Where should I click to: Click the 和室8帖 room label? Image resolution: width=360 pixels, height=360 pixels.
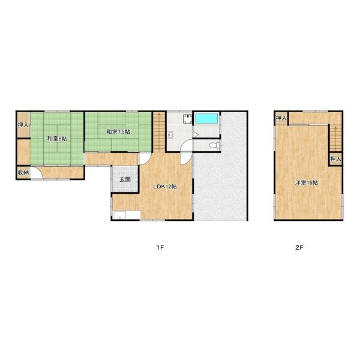(x=57, y=139)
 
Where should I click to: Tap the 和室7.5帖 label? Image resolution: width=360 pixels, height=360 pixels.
(x=118, y=132)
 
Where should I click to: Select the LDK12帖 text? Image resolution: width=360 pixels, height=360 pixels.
(x=165, y=187)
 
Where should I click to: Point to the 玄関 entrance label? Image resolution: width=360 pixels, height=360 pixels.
(x=125, y=179)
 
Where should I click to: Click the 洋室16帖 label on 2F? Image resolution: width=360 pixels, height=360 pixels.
(x=307, y=183)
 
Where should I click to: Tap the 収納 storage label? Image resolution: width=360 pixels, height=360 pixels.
(x=23, y=173)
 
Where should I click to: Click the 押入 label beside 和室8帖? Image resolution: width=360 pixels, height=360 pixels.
(x=23, y=125)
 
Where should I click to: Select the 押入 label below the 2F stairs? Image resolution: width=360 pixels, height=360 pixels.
(x=335, y=159)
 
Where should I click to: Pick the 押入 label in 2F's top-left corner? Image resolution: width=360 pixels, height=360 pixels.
(x=281, y=118)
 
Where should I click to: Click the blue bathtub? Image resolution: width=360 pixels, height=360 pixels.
(x=206, y=118)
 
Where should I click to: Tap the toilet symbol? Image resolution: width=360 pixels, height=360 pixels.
(x=214, y=145)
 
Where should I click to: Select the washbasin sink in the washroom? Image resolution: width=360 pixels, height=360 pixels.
(x=170, y=135)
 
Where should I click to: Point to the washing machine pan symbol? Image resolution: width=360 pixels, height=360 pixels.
(x=188, y=119)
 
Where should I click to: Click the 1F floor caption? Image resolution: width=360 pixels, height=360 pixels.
(x=160, y=247)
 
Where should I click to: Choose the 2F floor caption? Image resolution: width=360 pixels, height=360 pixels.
(x=299, y=247)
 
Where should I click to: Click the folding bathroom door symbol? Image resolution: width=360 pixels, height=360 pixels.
(x=196, y=135)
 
